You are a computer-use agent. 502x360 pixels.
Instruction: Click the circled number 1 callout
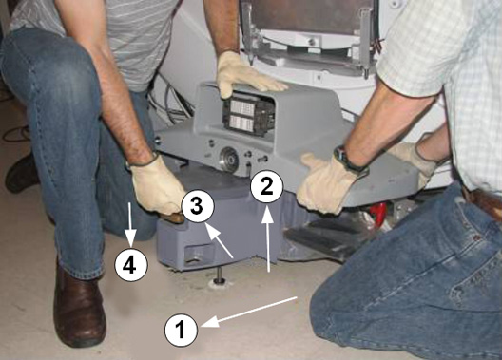point(181,330)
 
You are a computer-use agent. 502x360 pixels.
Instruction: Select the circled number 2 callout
point(266,186)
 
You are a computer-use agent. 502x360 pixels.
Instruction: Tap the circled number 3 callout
point(198,206)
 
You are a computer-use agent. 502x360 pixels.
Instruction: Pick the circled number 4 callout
point(131,265)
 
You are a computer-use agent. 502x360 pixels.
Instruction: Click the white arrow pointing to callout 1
point(249,313)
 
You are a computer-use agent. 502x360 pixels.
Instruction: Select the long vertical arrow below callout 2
point(268,239)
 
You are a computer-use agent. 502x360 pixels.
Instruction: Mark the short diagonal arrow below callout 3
point(219,240)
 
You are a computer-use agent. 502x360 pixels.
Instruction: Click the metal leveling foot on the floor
point(219,277)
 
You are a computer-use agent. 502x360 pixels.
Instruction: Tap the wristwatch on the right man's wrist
point(347,160)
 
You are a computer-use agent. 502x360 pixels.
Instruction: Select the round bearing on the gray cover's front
point(229,158)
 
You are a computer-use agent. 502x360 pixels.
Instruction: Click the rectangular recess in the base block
point(196,255)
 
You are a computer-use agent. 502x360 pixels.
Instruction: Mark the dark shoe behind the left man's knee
point(22,174)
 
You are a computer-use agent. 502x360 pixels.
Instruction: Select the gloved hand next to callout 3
point(158,190)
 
